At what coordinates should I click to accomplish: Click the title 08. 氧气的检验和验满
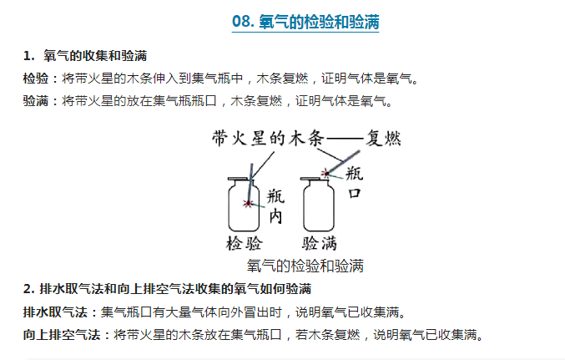click(x=305, y=22)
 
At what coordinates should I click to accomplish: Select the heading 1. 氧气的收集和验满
click(x=85, y=56)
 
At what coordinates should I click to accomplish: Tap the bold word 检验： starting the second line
click(x=41, y=79)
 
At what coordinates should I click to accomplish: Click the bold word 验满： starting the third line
click(x=41, y=101)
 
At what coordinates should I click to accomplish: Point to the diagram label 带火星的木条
click(x=268, y=139)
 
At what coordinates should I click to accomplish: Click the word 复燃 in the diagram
click(x=383, y=138)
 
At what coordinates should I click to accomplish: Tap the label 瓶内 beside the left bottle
click(x=275, y=206)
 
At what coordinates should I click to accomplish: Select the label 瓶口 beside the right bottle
click(x=354, y=183)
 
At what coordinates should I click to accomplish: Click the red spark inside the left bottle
click(x=248, y=204)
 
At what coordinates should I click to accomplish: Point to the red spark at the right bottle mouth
click(x=325, y=174)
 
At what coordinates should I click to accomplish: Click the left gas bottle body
click(x=244, y=206)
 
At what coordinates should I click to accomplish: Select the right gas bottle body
click(x=319, y=206)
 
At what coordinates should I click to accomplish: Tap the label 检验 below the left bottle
click(x=245, y=244)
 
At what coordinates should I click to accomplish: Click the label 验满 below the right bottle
click(x=320, y=244)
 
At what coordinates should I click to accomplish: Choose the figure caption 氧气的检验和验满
click(x=305, y=266)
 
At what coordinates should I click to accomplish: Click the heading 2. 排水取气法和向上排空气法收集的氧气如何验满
click(x=167, y=289)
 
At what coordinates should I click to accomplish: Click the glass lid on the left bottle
click(x=238, y=179)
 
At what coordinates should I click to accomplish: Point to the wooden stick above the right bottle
click(x=343, y=162)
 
